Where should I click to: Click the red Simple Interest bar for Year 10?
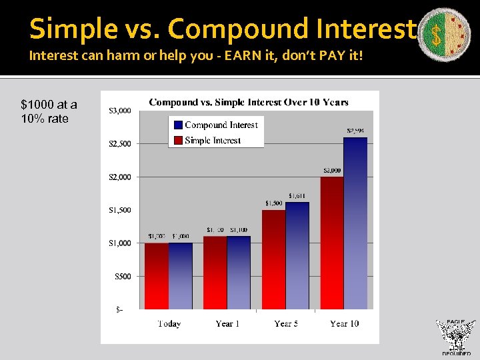(x=332, y=243)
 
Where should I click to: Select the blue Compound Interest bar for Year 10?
(x=355, y=223)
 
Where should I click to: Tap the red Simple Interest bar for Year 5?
(x=273, y=260)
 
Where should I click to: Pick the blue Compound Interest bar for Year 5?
(x=297, y=256)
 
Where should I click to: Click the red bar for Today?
(x=157, y=276)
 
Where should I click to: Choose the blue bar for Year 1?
(x=239, y=273)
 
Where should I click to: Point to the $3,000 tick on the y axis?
(x=120, y=111)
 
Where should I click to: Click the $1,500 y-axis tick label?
(x=120, y=210)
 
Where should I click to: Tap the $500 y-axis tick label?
(x=121, y=276)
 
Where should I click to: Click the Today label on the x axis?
(x=169, y=324)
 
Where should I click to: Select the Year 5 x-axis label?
(x=285, y=324)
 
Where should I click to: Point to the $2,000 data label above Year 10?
(x=332, y=171)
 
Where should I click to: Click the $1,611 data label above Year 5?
(x=298, y=196)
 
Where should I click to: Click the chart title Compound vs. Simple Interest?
(x=248, y=102)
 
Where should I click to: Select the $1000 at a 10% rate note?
(x=49, y=111)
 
